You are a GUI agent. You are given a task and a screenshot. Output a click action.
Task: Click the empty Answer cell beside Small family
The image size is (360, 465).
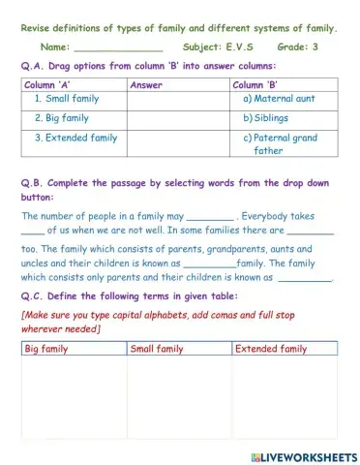point(178,99)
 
